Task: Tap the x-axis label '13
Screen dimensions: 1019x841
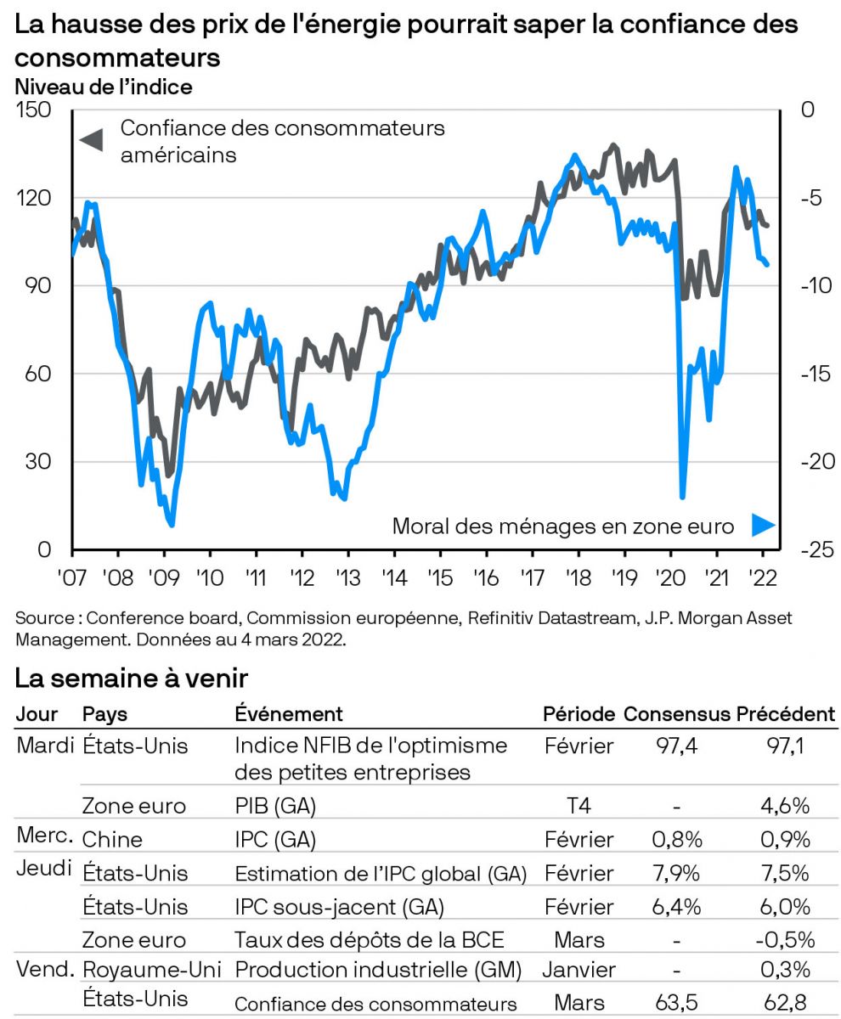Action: point(347,577)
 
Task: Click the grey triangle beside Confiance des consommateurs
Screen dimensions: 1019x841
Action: point(91,139)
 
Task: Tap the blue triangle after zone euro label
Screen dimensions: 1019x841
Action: point(763,526)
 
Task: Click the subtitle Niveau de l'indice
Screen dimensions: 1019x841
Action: point(104,87)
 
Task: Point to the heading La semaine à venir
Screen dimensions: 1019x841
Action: point(132,678)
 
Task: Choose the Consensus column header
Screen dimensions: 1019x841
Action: point(676,714)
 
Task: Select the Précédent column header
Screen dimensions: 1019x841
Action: point(786,714)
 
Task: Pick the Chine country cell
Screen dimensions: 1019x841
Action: point(112,840)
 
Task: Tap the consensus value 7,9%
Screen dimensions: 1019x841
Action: point(677,873)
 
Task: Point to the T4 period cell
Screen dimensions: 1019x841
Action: point(578,806)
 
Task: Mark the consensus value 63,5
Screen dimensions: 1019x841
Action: point(677,1003)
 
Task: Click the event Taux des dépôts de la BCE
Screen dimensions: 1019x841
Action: point(370,939)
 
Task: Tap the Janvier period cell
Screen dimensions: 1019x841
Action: point(579,970)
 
